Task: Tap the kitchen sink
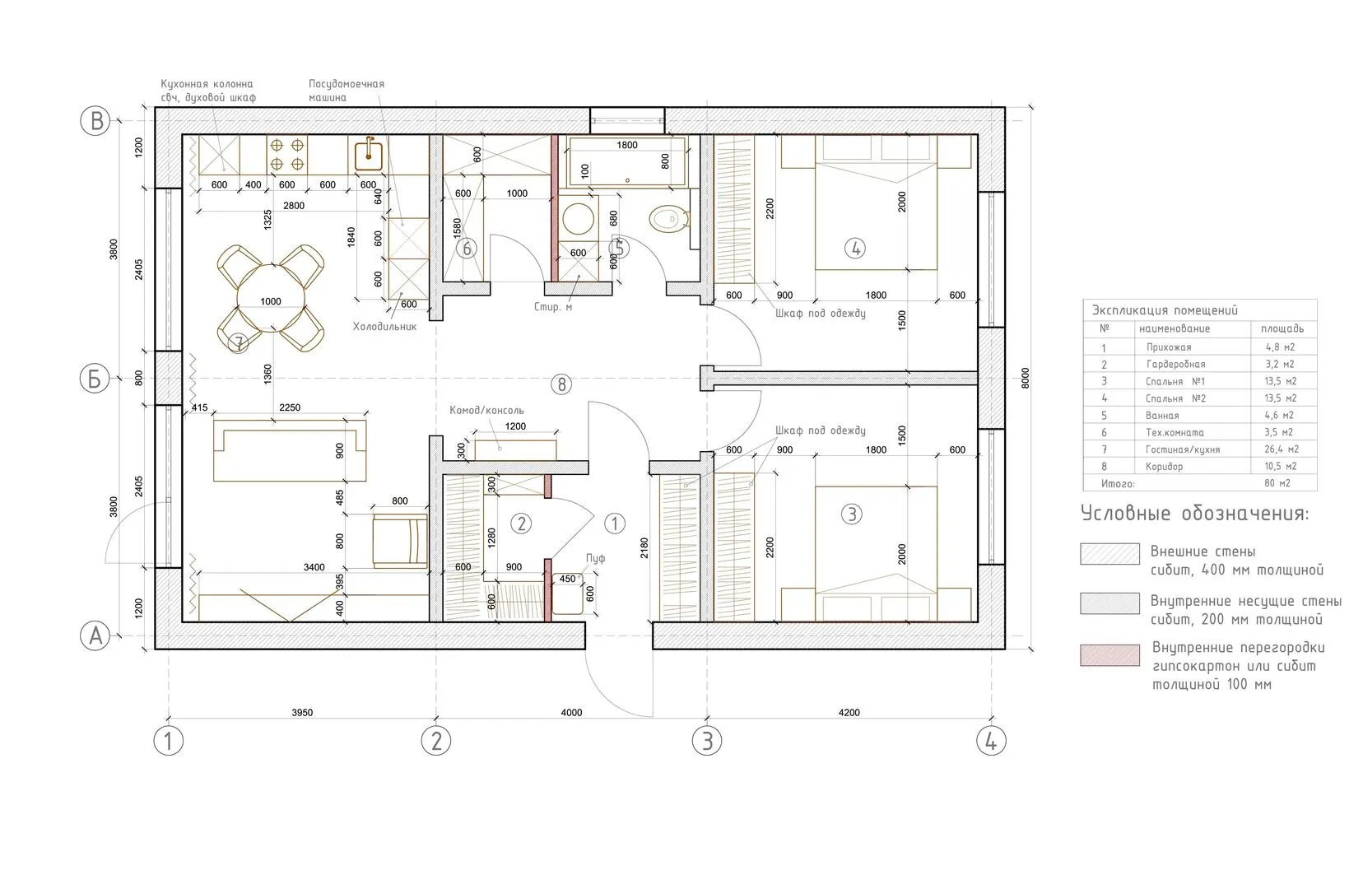(368, 156)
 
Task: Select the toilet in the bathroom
(670, 219)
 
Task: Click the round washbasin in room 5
(578, 218)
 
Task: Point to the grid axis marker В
(95, 120)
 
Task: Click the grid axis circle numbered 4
(991, 741)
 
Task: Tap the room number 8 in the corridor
(561, 384)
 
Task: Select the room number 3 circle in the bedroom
(852, 514)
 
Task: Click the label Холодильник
(385, 327)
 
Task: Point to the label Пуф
(595, 558)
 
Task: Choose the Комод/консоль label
(486, 410)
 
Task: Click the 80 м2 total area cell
(1278, 483)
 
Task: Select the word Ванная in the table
(1162, 416)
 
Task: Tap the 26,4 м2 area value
(1281, 449)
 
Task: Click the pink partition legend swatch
(1110, 654)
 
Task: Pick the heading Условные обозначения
(1195, 514)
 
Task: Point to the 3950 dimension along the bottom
(302, 713)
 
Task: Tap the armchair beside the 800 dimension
(400, 540)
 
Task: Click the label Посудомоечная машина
(347, 91)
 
